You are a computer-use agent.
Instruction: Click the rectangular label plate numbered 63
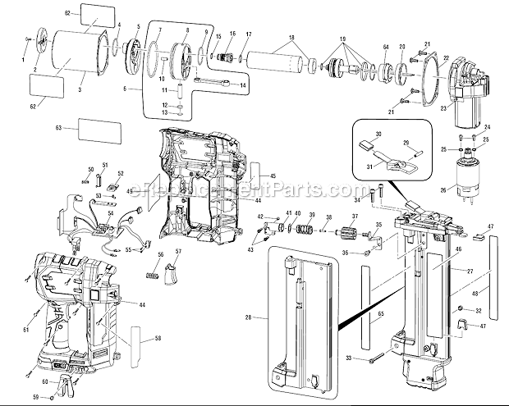point(98,129)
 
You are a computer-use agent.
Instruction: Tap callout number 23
point(444,107)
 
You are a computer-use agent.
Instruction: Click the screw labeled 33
point(376,358)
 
